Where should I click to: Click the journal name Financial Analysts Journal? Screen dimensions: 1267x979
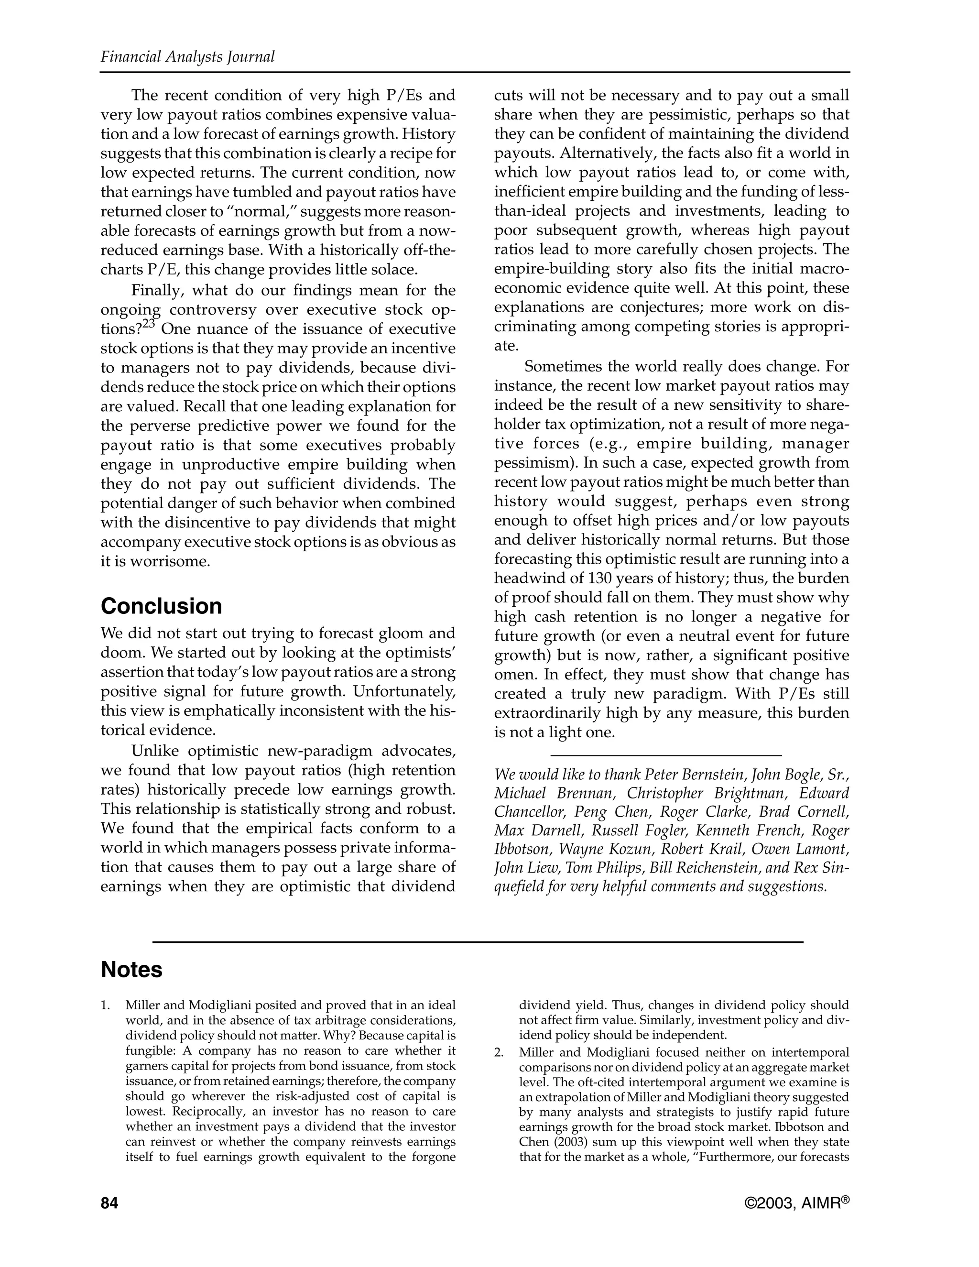pyautogui.click(x=187, y=57)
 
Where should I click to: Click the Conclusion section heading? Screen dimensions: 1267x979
pyautogui.click(x=161, y=606)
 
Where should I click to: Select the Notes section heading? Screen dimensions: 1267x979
pyautogui.click(x=131, y=970)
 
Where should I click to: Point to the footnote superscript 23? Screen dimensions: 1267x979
pyautogui.click(x=149, y=324)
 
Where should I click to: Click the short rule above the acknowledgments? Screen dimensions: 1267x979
pyautogui.click(x=665, y=755)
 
